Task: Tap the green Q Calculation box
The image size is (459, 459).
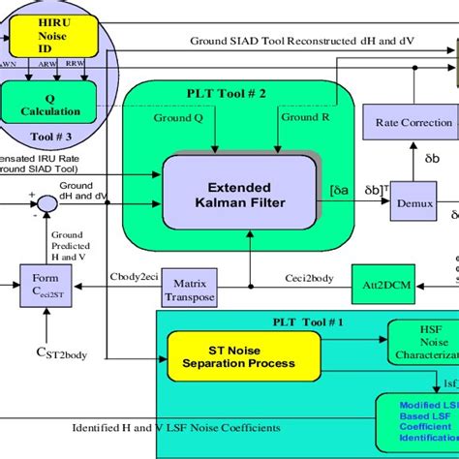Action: tap(49, 102)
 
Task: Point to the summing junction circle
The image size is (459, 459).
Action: tap(43, 201)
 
